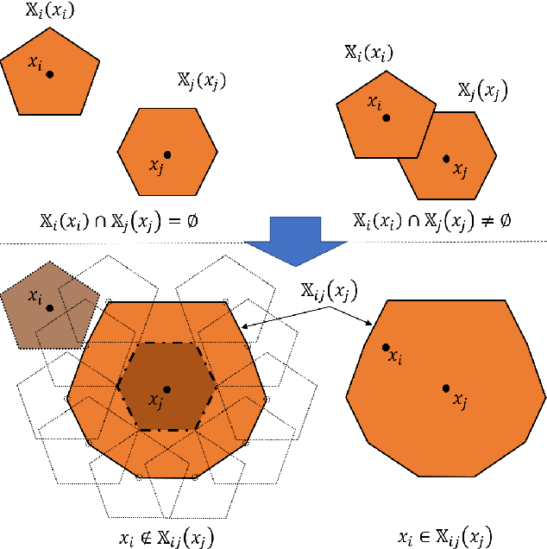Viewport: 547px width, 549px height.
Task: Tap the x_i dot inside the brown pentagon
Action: pyautogui.click(x=50, y=307)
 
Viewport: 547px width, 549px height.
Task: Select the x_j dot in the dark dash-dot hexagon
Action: pyautogui.click(x=167, y=389)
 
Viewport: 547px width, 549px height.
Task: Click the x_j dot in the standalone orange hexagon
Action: pyautogui.click(x=167, y=155)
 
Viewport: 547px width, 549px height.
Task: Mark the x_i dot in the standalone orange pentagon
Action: pyautogui.click(x=51, y=74)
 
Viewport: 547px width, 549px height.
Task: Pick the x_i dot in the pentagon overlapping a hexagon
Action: pyautogui.click(x=387, y=117)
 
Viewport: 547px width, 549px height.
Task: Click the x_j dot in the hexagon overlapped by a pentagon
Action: pyautogui.click(x=446, y=158)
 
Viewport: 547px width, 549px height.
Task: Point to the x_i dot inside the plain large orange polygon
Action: pyautogui.click(x=386, y=347)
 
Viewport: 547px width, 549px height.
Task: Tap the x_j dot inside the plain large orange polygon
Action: pyautogui.click(x=446, y=388)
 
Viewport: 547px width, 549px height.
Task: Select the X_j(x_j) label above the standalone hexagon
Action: pyautogui.click(x=202, y=82)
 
